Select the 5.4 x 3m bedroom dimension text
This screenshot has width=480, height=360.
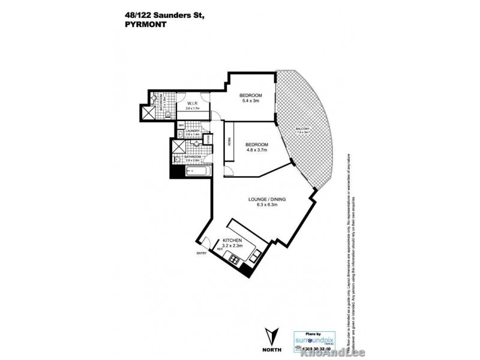click(x=251, y=101)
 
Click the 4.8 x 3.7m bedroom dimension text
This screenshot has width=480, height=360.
click(x=257, y=151)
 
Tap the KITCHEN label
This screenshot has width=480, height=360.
click(x=232, y=240)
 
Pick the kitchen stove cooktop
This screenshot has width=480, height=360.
click(x=233, y=259)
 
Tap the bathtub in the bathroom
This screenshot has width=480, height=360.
click(x=197, y=172)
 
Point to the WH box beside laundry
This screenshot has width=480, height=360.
click(x=181, y=125)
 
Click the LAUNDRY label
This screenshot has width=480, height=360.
click(x=193, y=131)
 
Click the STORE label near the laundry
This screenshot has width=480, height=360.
click(x=209, y=139)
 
